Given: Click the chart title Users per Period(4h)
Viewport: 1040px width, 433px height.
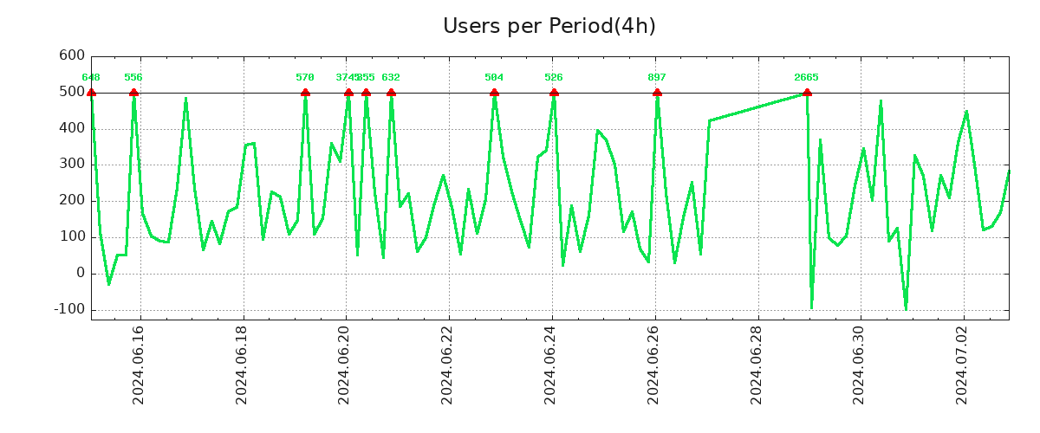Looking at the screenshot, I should pos(549,26).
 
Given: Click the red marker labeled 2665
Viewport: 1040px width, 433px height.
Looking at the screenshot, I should pos(807,93).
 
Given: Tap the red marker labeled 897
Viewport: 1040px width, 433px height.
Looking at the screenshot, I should pos(657,93).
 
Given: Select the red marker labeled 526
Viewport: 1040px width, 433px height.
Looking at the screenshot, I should pos(554,93).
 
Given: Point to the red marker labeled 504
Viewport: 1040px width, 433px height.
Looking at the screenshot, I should pos(494,93).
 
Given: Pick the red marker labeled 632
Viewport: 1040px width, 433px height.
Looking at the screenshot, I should pos(391,93).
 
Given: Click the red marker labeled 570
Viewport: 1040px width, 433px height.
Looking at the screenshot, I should pos(305,93).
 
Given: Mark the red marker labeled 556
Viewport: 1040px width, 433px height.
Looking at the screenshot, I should pos(133,93).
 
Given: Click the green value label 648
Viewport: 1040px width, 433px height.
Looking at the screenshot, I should pos(91,78).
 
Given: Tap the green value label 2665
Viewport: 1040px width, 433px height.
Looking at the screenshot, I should pos(806,78).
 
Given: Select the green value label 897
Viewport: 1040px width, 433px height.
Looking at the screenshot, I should pos(657,78).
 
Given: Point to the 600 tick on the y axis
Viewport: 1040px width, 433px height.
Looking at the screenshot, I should pos(72,56).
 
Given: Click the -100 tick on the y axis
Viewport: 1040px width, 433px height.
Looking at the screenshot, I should pos(69,309).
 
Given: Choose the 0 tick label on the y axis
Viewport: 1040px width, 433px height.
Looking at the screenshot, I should pos(81,274).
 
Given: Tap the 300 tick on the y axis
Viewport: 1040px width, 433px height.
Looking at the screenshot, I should pos(72,165).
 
